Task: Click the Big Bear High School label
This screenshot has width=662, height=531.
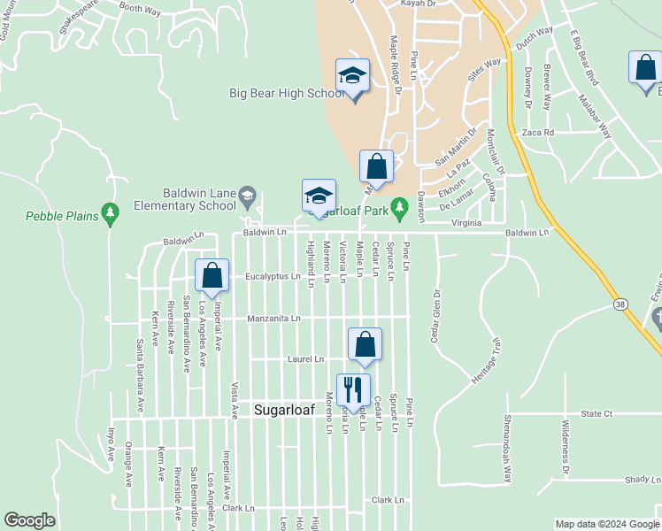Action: click(273, 94)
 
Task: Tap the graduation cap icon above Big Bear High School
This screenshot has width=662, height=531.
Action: click(351, 75)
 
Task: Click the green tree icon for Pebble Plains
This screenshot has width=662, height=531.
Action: click(110, 212)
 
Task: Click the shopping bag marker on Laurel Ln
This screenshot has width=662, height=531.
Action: click(365, 344)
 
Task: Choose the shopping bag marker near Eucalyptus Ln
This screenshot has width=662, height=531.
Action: click(212, 275)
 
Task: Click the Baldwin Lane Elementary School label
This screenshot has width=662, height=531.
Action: click(199, 199)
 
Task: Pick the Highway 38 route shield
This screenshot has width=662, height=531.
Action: click(619, 304)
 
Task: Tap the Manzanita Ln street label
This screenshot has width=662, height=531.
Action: click(273, 318)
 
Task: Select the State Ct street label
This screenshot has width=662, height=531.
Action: click(597, 413)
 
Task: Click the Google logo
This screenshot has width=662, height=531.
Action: click(29, 519)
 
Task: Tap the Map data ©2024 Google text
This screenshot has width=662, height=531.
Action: click(606, 524)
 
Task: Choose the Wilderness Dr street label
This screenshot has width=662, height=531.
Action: click(565, 446)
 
